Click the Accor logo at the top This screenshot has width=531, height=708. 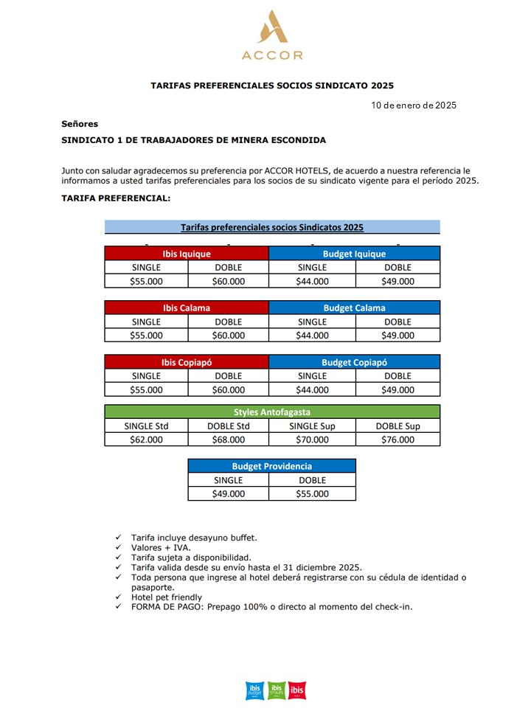[x=271, y=35]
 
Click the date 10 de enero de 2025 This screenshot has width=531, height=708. [x=414, y=105]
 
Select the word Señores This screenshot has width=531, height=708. [x=80, y=124]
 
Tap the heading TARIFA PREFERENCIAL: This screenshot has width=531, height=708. [x=116, y=198]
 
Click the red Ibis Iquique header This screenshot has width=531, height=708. [x=187, y=254]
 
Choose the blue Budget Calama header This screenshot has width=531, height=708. [x=354, y=308]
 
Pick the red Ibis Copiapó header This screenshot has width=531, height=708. [x=187, y=362]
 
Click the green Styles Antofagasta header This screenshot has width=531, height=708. [x=272, y=412]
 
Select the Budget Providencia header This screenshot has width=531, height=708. [x=271, y=466]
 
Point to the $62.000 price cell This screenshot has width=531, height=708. [x=146, y=440]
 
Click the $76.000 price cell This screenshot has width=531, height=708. [x=398, y=440]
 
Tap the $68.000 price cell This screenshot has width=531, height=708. [x=228, y=440]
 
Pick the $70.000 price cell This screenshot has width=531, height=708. [x=312, y=440]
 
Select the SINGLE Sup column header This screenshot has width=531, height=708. [x=312, y=426]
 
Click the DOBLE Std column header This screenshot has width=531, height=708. [x=228, y=426]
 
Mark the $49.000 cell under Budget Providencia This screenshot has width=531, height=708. [x=228, y=494]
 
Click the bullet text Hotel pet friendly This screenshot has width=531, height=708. [x=166, y=597]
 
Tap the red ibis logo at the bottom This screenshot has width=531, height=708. [x=297, y=690]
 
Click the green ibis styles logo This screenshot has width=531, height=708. [x=276, y=690]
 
